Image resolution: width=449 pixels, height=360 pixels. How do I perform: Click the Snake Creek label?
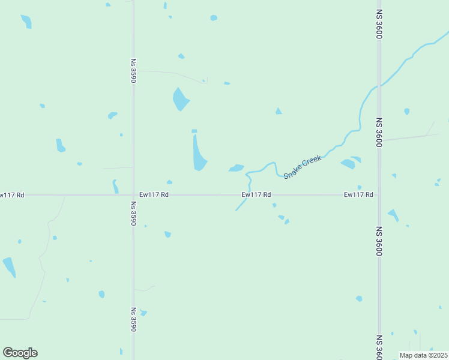pos(303,167)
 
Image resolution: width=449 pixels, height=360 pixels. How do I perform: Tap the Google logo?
pos(20,353)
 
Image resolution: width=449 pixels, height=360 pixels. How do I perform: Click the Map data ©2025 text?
pos(424,355)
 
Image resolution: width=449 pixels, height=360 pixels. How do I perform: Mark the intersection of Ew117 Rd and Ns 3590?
pos(133,194)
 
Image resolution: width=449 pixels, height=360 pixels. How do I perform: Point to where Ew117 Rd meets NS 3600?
pos(378,194)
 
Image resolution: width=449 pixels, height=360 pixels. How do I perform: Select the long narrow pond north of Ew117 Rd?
pos(199,154)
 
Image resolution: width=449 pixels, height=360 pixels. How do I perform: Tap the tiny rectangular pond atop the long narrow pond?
pos(194,131)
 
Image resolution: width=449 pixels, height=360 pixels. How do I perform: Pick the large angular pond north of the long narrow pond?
pos(180,99)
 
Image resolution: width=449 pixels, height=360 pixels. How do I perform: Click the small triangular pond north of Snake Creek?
pos(279,112)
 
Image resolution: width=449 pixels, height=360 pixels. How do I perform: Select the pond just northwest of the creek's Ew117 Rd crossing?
pos(237,168)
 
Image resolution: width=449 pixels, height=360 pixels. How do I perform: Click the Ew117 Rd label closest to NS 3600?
pos(359,194)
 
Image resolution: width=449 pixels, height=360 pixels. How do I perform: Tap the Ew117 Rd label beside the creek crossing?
pos(256,194)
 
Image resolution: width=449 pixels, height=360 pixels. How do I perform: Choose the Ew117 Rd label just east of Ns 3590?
pos(154,194)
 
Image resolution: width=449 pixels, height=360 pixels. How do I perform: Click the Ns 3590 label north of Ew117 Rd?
pos(133,71)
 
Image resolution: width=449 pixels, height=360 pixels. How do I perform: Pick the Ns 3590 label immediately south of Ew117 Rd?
pos(133,213)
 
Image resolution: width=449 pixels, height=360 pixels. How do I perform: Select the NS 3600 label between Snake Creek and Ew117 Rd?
pos(378,132)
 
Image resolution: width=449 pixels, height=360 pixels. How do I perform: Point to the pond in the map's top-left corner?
pos(26,22)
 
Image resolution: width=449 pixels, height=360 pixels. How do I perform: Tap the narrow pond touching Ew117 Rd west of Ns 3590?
pos(115,187)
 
